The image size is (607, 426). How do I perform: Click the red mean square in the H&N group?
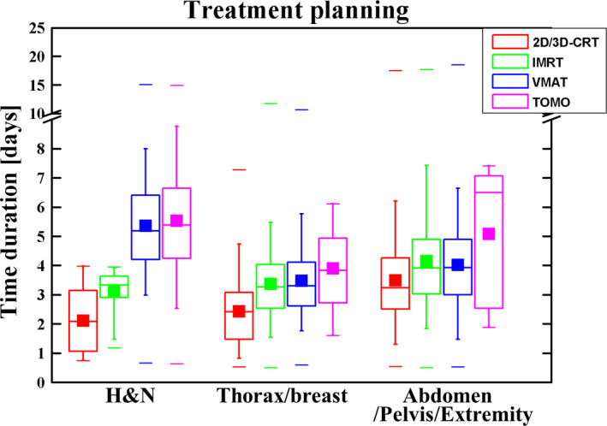(x=83, y=321)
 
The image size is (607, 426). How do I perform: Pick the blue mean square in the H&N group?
(x=146, y=226)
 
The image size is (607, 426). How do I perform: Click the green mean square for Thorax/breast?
(x=271, y=284)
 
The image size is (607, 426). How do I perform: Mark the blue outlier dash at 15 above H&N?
(x=146, y=85)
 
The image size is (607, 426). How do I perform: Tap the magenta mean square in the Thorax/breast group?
(x=332, y=269)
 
